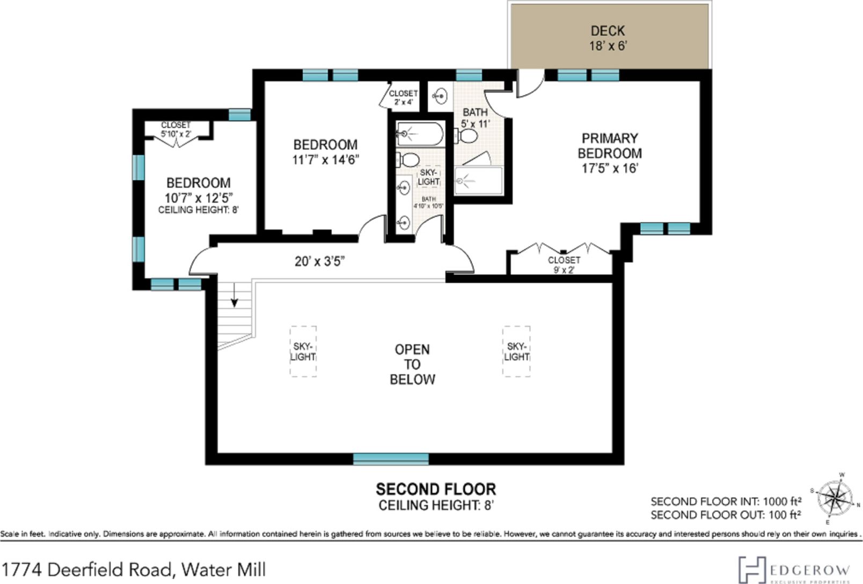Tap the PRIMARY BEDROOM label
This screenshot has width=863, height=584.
click(610, 145)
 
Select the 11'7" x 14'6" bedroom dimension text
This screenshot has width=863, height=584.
click(326, 159)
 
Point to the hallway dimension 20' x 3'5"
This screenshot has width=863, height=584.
click(319, 261)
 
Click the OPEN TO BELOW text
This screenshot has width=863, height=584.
click(412, 364)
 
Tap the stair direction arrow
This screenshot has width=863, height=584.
click(234, 295)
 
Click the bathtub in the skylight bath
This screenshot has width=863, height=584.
click(420, 134)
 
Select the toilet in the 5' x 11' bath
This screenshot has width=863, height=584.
click(466, 136)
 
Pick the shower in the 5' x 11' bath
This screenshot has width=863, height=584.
click(479, 180)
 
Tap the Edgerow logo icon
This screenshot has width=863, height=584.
click(752, 570)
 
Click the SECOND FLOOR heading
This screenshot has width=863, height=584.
click(436, 489)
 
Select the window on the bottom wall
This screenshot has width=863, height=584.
click(391, 459)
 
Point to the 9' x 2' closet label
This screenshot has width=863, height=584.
click(564, 265)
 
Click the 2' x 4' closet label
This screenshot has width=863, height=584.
click(404, 98)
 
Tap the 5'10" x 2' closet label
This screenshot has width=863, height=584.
click(175, 129)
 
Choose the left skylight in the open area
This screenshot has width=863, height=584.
click(303, 352)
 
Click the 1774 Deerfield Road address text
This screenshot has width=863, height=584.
click(134, 570)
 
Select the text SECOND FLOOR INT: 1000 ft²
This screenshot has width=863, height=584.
click(726, 501)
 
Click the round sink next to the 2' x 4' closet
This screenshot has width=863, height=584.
click(440, 96)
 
